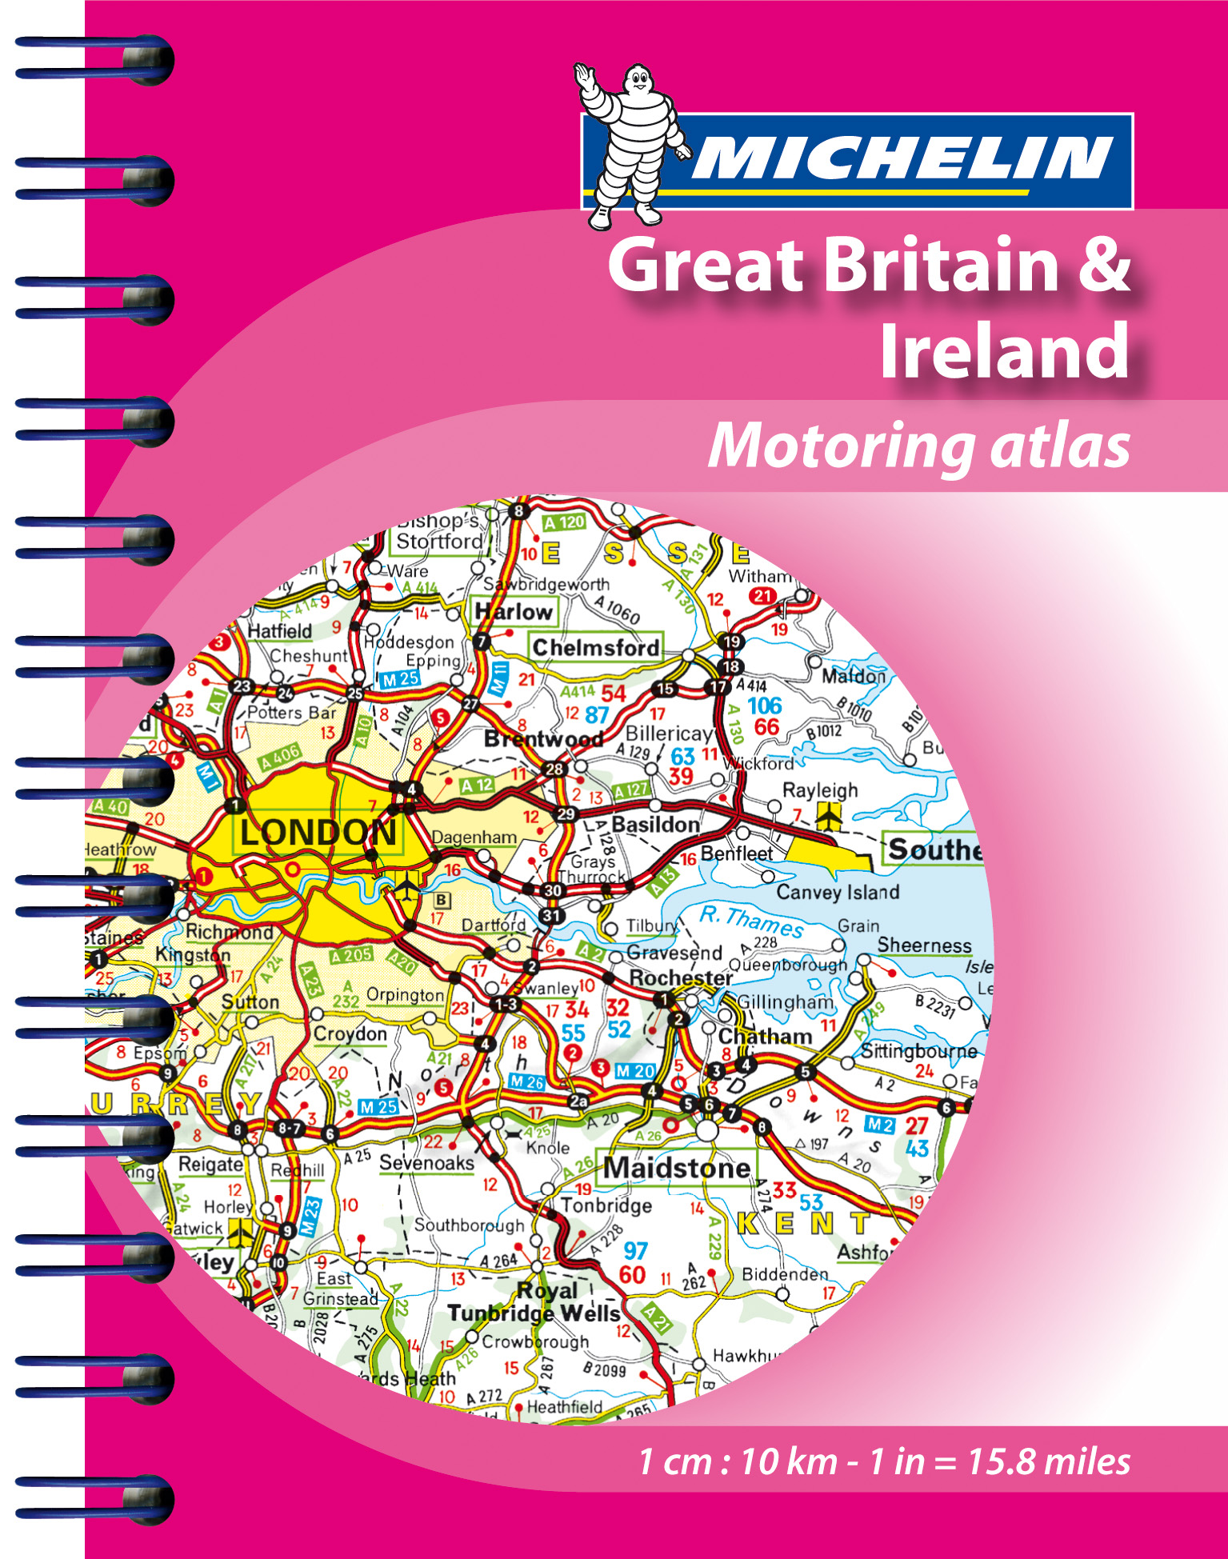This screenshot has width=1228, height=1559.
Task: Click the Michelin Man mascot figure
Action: (x=630, y=144)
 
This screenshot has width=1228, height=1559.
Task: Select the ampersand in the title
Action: (x=1105, y=264)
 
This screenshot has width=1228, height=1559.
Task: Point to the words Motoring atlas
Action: (x=919, y=446)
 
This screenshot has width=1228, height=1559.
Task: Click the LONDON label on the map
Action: (x=318, y=833)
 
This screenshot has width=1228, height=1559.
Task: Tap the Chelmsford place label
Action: (x=596, y=647)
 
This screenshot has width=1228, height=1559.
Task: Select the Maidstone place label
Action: (x=678, y=1168)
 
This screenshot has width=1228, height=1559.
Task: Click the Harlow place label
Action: (x=514, y=612)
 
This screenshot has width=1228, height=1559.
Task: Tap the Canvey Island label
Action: (x=838, y=892)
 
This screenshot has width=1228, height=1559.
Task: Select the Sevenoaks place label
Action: (x=426, y=1162)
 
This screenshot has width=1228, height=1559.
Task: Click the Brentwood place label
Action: (x=543, y=739)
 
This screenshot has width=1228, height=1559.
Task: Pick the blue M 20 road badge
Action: (x=635, y=1071)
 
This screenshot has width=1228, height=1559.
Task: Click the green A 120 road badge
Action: (x=565, y=522)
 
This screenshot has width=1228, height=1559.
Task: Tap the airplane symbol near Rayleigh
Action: (x=829, y=816)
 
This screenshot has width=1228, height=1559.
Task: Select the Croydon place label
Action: (x=350, y=1034)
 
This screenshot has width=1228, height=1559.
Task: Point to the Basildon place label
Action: (x=655, y=824)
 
